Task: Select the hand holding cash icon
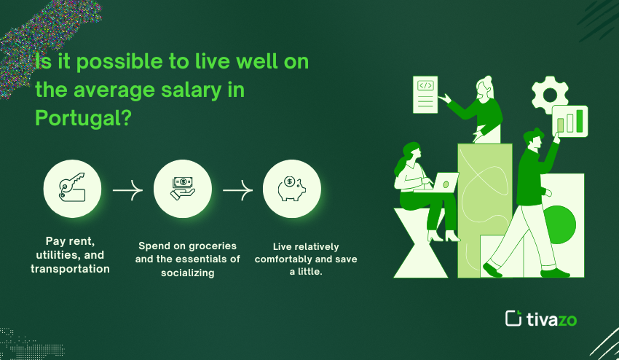coord(182,188)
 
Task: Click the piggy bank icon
coord(292,188)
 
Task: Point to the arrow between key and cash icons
coord(127,190)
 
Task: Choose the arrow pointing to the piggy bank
coord(237,190)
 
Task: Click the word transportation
coord(70,269)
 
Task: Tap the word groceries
coord(213,246)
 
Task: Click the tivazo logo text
coord(551,319)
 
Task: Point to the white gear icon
coord(550,94)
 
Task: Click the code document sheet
coord(425,95)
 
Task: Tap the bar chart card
coord(569,121)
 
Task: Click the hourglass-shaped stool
coord(420,243)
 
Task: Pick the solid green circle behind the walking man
coord(559,224)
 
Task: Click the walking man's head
coord(534,139)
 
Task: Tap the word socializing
coord(187,273)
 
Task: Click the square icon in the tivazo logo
coord(513,318)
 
